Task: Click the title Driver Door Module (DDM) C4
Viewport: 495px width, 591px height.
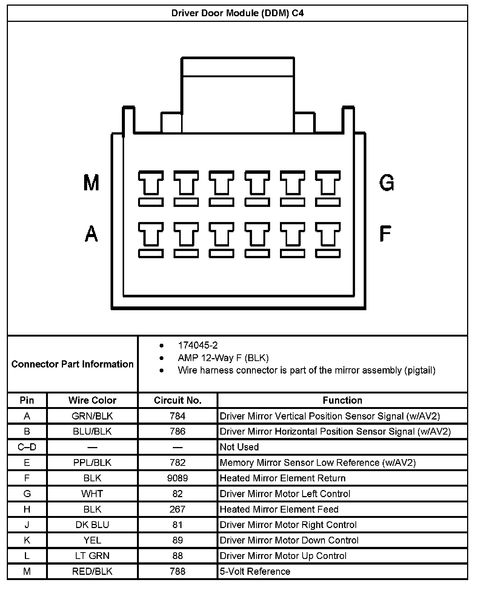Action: click(x=237, y=13)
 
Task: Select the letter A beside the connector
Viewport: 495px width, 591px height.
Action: click(x=91, y=233)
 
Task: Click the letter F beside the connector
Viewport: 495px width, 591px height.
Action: click(x=385, y=233)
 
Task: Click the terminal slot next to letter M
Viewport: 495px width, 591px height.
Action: click(x=151, y=188)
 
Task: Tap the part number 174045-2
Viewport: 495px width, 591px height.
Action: click(x=198, y=345)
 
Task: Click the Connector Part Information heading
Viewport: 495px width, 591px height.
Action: click(x=72, y=364)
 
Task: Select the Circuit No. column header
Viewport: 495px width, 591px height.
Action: click(x=178, y=400)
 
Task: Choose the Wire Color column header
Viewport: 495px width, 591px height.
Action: click(x=92, y=400)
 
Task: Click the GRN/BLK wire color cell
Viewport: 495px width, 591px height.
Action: click(x=92, y=416)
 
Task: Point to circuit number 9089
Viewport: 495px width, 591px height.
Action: click(x=178, y=478)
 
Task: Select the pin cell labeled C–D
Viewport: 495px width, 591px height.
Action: click(x=27, y=447)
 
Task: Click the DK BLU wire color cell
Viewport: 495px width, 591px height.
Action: click(x=92, y=525)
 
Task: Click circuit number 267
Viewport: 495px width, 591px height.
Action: click(x=178, y=509)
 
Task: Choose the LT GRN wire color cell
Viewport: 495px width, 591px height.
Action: click(x=92, y=556)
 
